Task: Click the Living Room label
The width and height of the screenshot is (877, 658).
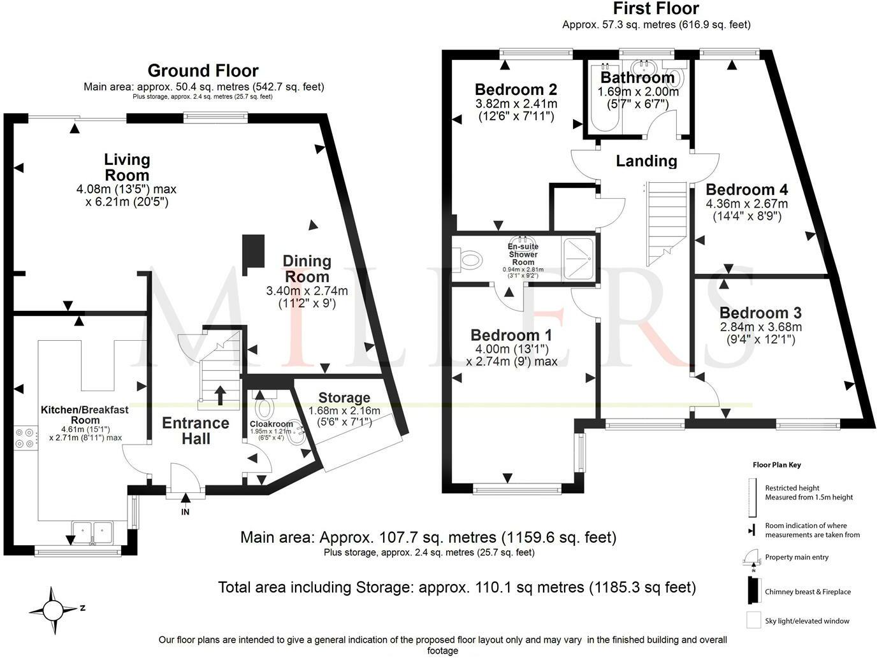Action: tap(127, 168)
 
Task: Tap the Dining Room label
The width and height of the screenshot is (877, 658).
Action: tap(307, 269)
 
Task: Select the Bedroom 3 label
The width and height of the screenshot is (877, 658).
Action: tap(760, 312)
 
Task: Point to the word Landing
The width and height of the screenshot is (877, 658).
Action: tap(646, 161)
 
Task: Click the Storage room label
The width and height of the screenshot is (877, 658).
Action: tap(344, 397)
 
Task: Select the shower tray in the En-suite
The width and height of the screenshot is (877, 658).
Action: tap(577, 259)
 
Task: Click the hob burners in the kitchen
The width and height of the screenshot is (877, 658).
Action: tap(25, 438)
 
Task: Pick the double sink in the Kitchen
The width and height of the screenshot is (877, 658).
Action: tap(92, 531)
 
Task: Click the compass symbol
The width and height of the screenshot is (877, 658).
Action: tap(53, 610)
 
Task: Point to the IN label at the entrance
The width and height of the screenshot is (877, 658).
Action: tap(185, 512)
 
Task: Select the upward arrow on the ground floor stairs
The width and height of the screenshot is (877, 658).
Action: tap(220, 395)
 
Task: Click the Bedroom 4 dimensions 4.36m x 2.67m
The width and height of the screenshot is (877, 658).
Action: tap(747, 204)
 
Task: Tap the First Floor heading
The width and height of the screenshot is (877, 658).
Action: tap(656, 8)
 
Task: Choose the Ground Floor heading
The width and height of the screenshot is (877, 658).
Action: tap(203, 71)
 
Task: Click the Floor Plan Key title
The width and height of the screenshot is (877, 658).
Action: tap(777, 465)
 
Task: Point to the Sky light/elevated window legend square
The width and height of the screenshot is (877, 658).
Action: tap(753, 620)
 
